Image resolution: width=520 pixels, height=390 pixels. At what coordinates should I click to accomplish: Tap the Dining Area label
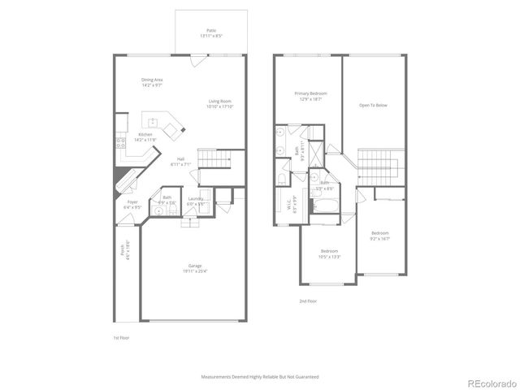point(153,82)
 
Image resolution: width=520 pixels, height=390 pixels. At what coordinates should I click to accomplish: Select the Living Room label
point(219,103)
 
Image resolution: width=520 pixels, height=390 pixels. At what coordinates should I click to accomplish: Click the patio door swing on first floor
point(194,58)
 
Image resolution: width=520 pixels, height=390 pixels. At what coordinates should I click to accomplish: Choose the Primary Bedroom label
point(310,96)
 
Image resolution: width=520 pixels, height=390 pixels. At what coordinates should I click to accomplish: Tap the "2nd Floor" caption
point(307,301)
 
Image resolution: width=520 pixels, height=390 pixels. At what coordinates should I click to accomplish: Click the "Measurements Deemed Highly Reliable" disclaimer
point(260,377)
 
